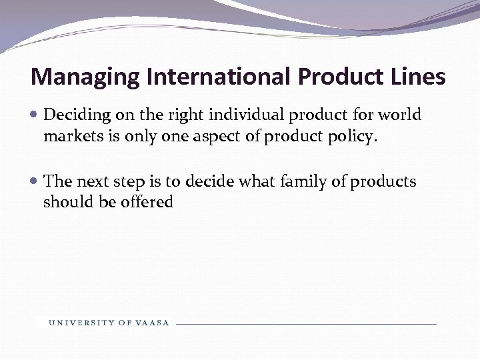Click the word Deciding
[x=72, y=115]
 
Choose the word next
[x=93, y=181]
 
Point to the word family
[x=305, y=181]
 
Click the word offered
[x=147, y=202]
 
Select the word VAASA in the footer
[x=153, y=323]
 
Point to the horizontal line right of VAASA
[x=307, y=324]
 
